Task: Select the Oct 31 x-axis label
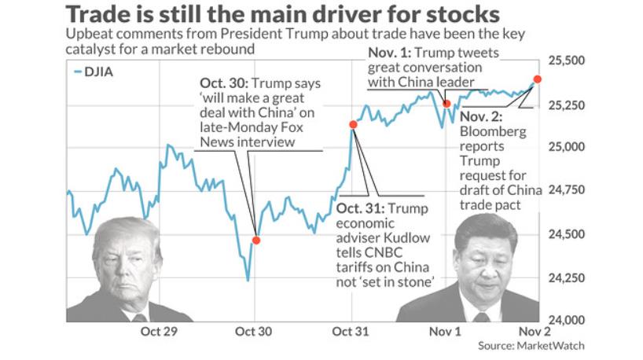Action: [348, 331]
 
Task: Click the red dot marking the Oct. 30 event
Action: [255, 240]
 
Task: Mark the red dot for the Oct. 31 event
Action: [353, 124]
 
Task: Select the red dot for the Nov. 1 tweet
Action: [446, 104]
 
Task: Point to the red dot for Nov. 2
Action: [537, 79]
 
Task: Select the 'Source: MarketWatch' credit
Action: [531, 345]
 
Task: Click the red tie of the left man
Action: [139, 318]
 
